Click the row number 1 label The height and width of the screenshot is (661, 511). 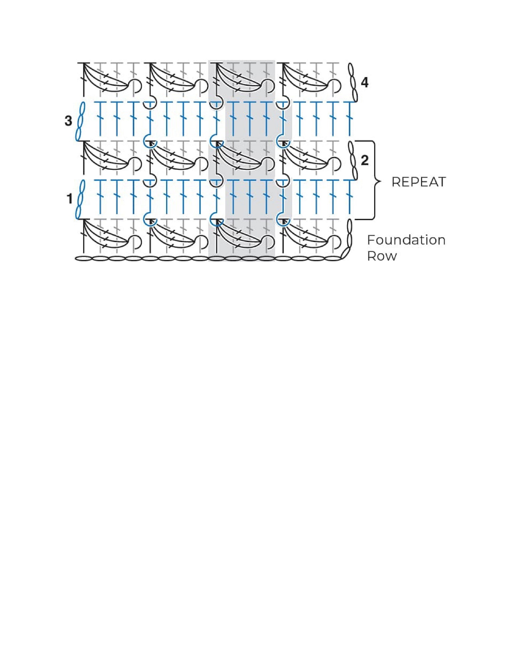coord(69,199)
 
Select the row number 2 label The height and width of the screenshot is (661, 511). coord(365,160)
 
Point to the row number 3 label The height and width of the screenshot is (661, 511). coord(68,121)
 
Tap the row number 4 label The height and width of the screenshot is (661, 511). coord(365,82)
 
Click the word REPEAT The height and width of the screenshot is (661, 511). coord(418,182)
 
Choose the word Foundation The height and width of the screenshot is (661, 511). coord(406,240)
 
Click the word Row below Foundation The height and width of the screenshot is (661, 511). coord(382,256)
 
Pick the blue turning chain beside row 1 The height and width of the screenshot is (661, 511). coord(79,199)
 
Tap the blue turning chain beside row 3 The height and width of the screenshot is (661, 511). coord(79,121)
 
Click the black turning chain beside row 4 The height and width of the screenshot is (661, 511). coord(353,82)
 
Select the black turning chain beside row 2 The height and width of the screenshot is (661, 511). coord(353,160)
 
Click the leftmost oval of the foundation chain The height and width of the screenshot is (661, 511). coord(83,259)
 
